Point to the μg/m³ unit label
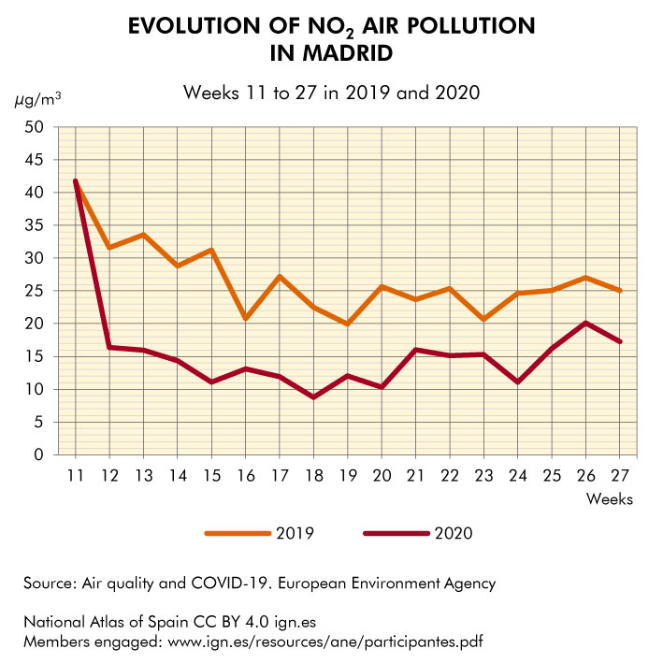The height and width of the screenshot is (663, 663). click(x=34, y=99)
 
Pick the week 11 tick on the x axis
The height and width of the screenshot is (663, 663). click(x=75, y=475)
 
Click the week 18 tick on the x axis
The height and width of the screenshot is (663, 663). click(x=312, y=475)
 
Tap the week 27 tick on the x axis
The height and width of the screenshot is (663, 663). click(x=619, y=475)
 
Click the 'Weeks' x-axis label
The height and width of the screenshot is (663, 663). click(x=609, y=498)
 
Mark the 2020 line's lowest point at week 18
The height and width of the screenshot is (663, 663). click(x=312, y=397)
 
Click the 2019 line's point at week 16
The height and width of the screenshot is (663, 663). click(x=245, y=319)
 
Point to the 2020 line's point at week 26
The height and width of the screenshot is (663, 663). click(x=585, y=323)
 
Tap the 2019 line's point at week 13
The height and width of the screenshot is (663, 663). click(x=143, y=235)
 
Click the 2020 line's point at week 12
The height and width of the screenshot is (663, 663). click(x=109, y=347)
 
